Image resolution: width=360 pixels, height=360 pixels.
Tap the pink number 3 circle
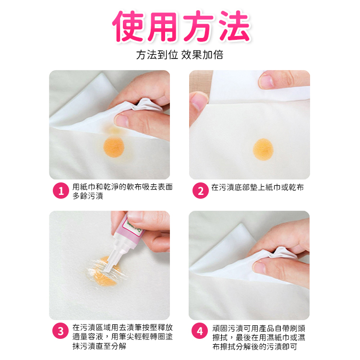click(x=60, y=331)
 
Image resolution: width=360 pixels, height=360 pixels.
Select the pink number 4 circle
click(x=200, y=331)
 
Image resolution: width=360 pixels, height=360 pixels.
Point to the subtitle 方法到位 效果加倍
click(x=180, y=55)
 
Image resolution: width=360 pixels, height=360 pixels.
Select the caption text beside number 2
click(x=257, y=187)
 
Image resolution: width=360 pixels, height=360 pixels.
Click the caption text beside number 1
click(x=122, y=191)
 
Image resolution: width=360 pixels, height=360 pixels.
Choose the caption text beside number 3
click(x=122, y=336)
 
